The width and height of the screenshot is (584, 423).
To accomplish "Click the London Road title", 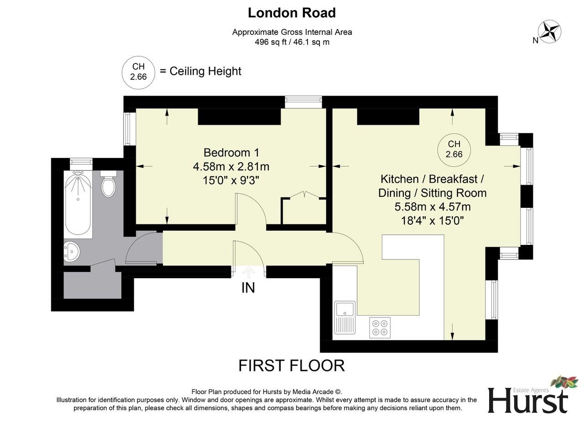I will pos(292,13).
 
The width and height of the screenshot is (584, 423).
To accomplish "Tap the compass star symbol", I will pos(549,32).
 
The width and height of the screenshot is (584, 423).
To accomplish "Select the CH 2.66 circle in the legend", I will pos(138,72).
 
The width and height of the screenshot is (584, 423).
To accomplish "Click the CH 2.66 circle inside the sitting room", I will pos(454,149).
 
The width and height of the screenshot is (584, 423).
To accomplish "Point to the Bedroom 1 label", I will pos(231,153).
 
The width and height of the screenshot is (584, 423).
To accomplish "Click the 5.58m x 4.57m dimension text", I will pos(433,207).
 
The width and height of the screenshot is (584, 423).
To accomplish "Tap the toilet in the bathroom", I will pos(108,185).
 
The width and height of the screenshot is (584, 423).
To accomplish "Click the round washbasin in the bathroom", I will pos(71,251).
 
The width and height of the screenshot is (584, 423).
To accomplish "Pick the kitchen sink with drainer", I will pos(345,317).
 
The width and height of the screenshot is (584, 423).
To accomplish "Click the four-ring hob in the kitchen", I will pos(380,327).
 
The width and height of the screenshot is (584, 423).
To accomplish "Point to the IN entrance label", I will pos(248,288).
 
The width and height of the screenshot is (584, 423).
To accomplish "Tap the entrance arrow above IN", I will pos(248,273).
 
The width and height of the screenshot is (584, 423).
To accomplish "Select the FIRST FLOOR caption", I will pos(292,366).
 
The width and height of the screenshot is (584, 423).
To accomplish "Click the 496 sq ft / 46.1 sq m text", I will pos(292,42).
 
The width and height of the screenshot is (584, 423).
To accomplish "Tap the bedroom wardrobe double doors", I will pos(304,196).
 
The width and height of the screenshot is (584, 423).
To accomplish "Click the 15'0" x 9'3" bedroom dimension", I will pos(231,180).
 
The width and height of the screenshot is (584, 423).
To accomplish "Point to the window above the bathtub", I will pos(81,161).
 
